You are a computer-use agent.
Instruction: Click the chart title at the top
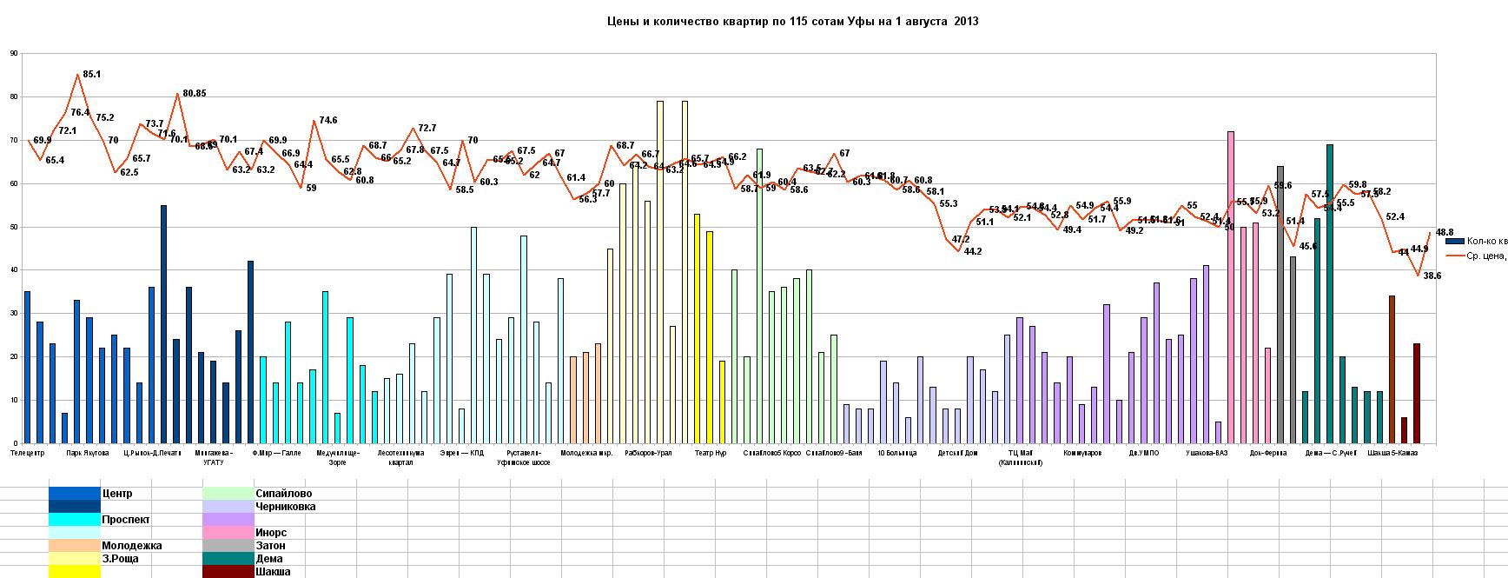[x=791, y=21]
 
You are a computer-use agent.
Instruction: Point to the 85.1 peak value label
[x=90, y=75]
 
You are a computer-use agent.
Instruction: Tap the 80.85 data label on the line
[x=194, y=93]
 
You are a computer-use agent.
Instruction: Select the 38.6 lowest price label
[x=1432, y=276]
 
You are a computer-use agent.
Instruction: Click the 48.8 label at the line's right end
[x=1445, y=232]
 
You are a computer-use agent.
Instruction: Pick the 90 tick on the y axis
[x=13, y=53]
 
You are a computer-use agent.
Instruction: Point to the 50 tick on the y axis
[x=13, y=227]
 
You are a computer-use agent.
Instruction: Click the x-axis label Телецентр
[x=28, y=453]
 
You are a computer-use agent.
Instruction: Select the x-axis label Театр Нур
[x=711, y=453]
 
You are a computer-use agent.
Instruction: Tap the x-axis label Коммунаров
[x=1081, y=453]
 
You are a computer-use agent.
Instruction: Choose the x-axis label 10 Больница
[x=896, y=453]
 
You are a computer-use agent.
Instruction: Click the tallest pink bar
[x=1231, y=287]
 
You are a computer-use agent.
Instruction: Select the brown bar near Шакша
[x=1392, y=369]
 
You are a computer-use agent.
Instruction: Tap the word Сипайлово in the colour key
[x=284, y=494]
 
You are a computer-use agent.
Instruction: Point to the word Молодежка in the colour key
[x=132, y=546]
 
